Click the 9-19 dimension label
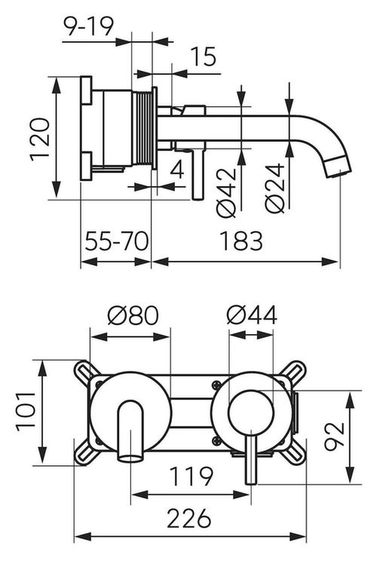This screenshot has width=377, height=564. click(x=88, y=26)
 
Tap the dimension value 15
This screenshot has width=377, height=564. click(x=204, y=57)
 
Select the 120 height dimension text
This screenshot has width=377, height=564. click(x=40, y=139)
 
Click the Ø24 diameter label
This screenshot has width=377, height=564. click(x=275, y=188)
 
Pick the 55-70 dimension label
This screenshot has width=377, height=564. click(x=117, y=241)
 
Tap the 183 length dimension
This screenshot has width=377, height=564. click(x=241, y=241)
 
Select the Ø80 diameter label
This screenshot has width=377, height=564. click(x=133, y=315)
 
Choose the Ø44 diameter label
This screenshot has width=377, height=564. click(x=252, y=315)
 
